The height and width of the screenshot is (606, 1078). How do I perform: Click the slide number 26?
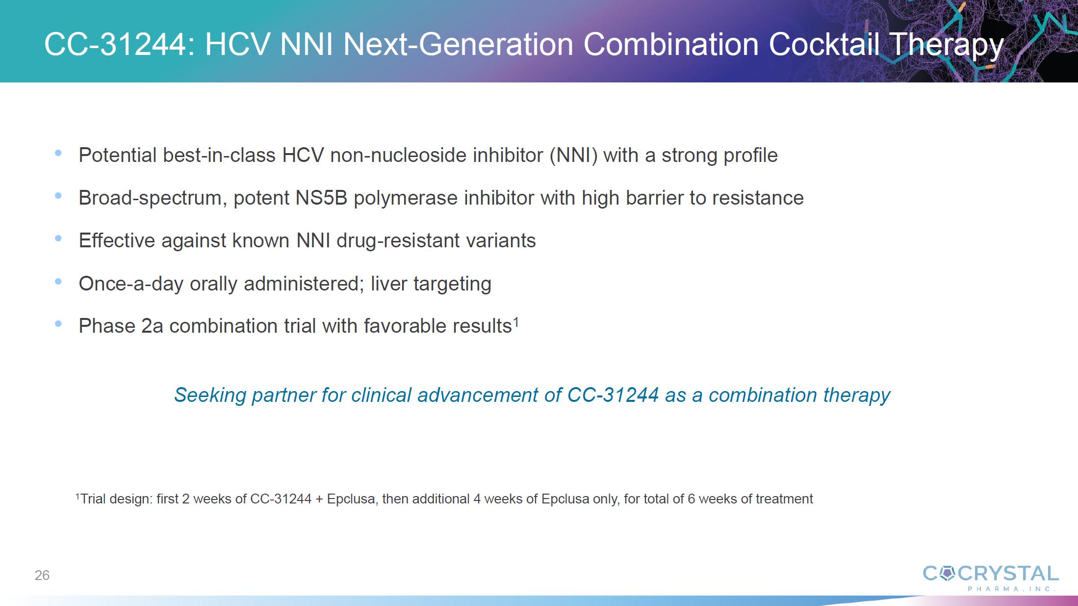[x=42, y=575]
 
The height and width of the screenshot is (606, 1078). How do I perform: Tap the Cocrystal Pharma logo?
[x=990, y=578]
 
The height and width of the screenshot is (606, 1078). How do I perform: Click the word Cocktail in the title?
[x=825, y=44]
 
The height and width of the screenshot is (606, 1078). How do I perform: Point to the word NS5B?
[x=321, y=198]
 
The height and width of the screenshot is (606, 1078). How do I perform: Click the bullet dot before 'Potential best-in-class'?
[x=58, y=153]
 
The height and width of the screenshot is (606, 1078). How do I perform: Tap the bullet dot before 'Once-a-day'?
[x=58, y=282]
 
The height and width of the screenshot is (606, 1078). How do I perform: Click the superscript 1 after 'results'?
[x=516, y=322]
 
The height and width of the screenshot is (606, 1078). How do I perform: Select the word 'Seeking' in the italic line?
[x=210, y=395]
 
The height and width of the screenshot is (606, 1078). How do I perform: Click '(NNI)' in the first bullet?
[x=573, y=156]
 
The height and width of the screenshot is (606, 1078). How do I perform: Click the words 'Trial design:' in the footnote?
[x=116, y=499]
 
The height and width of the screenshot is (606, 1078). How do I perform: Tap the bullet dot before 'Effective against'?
[x=58, y=238]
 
